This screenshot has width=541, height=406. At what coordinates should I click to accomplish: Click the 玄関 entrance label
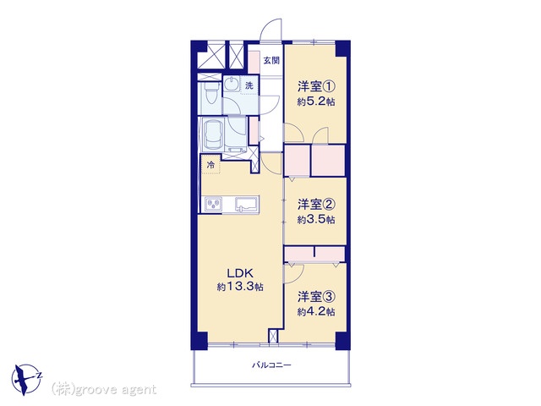271,61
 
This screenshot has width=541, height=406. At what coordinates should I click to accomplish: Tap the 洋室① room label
316,86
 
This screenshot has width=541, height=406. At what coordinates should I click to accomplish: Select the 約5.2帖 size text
316,101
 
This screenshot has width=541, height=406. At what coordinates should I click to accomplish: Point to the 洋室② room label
316,205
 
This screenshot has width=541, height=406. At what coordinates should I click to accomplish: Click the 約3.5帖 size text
316,220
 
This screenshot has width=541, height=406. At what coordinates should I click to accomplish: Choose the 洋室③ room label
316,297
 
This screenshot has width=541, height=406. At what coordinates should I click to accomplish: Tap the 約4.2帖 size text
316,312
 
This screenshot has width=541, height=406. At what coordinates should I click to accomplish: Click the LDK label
240,273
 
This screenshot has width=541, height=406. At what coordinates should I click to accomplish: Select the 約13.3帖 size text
240,287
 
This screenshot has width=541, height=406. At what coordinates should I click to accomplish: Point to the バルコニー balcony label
271,365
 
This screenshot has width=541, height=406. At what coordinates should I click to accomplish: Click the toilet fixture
210,92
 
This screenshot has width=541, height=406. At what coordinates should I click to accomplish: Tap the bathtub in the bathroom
213,134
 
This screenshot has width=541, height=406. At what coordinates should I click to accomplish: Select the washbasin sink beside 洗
231,85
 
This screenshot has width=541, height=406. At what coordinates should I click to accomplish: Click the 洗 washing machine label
249,85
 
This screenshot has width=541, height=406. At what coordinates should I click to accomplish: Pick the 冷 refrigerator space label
210,165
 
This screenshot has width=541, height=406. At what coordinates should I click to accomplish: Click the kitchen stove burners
214,204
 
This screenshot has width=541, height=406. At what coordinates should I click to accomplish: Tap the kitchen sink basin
247,204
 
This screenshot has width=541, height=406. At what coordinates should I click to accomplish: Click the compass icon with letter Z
26,380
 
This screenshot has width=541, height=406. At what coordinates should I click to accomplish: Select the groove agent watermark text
104,390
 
